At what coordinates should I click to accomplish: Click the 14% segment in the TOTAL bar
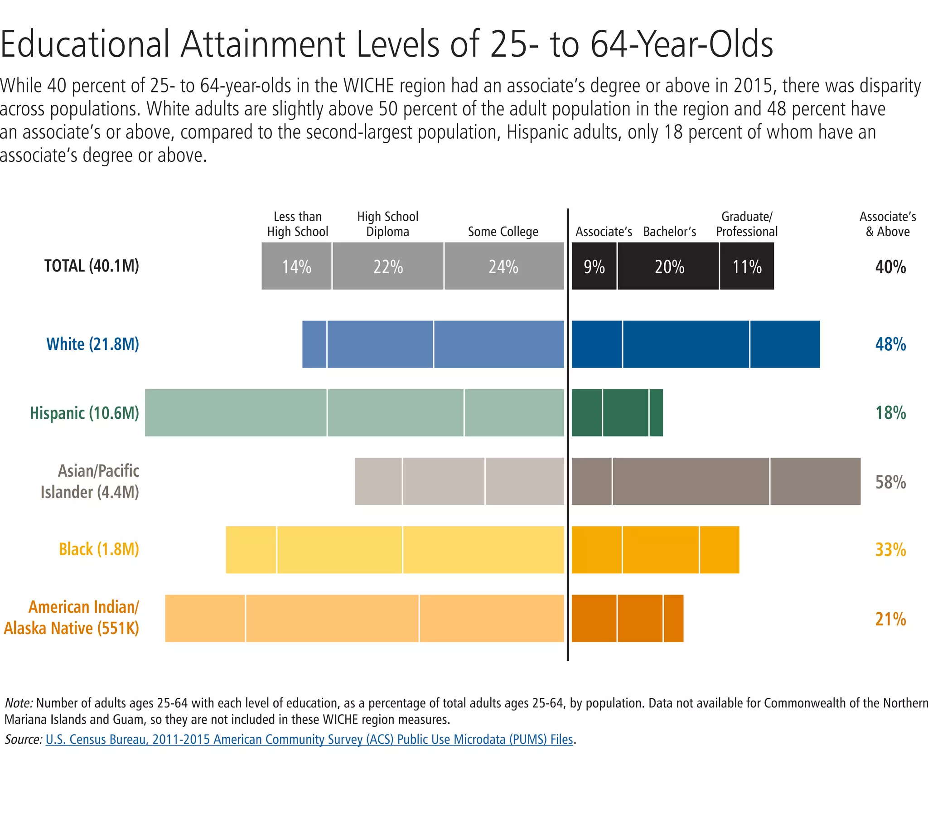[296, 266]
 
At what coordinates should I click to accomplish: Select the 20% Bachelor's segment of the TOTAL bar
[668, 266]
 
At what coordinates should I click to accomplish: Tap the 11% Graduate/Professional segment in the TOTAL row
[746, 266]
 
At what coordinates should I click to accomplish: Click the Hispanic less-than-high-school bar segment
[236, 412]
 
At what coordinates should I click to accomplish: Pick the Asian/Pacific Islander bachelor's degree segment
[691, 481]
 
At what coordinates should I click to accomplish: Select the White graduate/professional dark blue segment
[784, 344]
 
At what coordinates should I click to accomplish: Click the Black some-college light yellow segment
[483, 550]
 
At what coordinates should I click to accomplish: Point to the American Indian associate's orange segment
[594, 618]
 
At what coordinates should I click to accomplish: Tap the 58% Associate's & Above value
[890, 482]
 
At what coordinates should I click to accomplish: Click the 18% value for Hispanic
[890, 413]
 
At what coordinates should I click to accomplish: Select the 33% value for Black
[890, 550]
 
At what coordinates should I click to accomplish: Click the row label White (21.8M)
[92, 344]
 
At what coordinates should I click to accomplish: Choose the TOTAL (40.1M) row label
[91, 266]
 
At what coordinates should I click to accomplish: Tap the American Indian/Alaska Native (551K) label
[72, 618]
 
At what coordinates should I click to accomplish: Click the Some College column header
[503, 232]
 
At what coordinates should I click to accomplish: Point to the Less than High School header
[297, 224]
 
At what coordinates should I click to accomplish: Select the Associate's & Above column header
[888, 224]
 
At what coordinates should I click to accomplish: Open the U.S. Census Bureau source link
[309, 740]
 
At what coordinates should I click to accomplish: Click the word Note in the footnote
[19, 703]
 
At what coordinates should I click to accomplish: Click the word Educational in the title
[84, 44]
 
